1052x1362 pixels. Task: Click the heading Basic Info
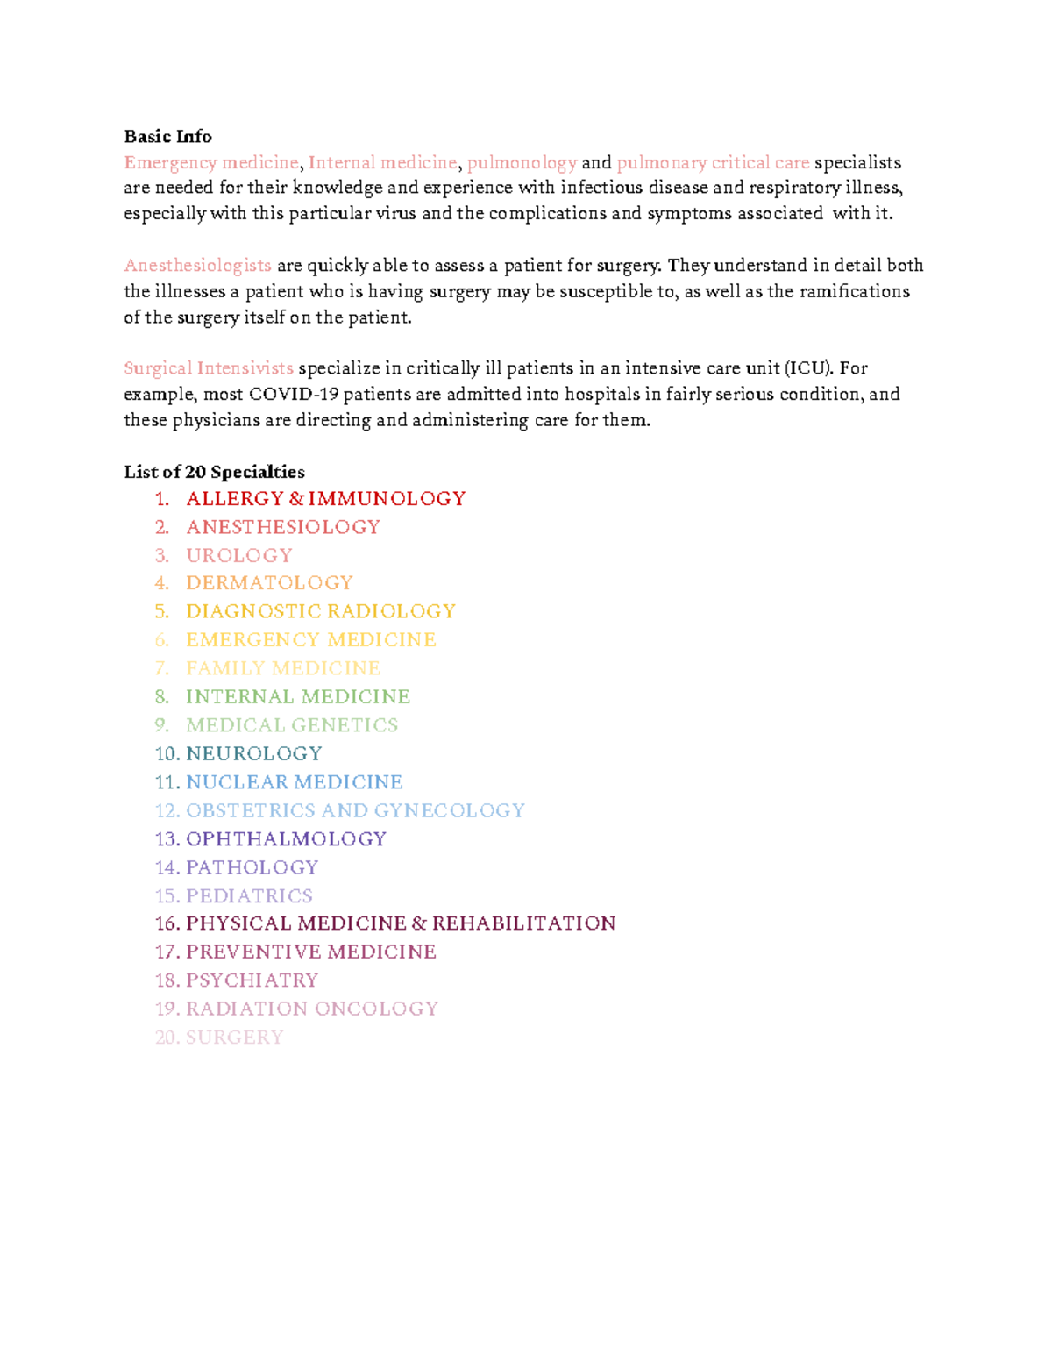[x=167, y=137]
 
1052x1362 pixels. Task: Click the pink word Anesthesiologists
[x=197, y=266]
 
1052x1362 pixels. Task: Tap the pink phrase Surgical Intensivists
[x=209, y=368]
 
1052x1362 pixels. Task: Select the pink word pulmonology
[x=522, y=163]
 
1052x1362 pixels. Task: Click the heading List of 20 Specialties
[x=214, y=473]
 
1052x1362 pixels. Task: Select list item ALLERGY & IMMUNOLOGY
[x=325, y=499]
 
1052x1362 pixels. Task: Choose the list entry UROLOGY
[x=238, y=556]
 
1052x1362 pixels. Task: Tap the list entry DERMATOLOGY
[x=269, y=583]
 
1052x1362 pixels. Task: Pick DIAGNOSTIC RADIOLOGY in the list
[x=321, y=611]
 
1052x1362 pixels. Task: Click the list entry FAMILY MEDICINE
[x=283, y=668]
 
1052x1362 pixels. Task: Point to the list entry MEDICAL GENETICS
[x=292, y=725]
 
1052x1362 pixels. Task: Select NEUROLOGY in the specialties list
[x=253, y=754]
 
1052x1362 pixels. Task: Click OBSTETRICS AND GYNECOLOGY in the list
[x=355, y=810]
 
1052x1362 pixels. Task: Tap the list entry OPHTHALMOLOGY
[x=286, y=839]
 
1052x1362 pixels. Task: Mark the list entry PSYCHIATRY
[x=252, y=980]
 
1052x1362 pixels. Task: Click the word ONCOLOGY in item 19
[x=376, y=1009]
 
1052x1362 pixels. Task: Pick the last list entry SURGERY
[x=234, y=1038]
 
